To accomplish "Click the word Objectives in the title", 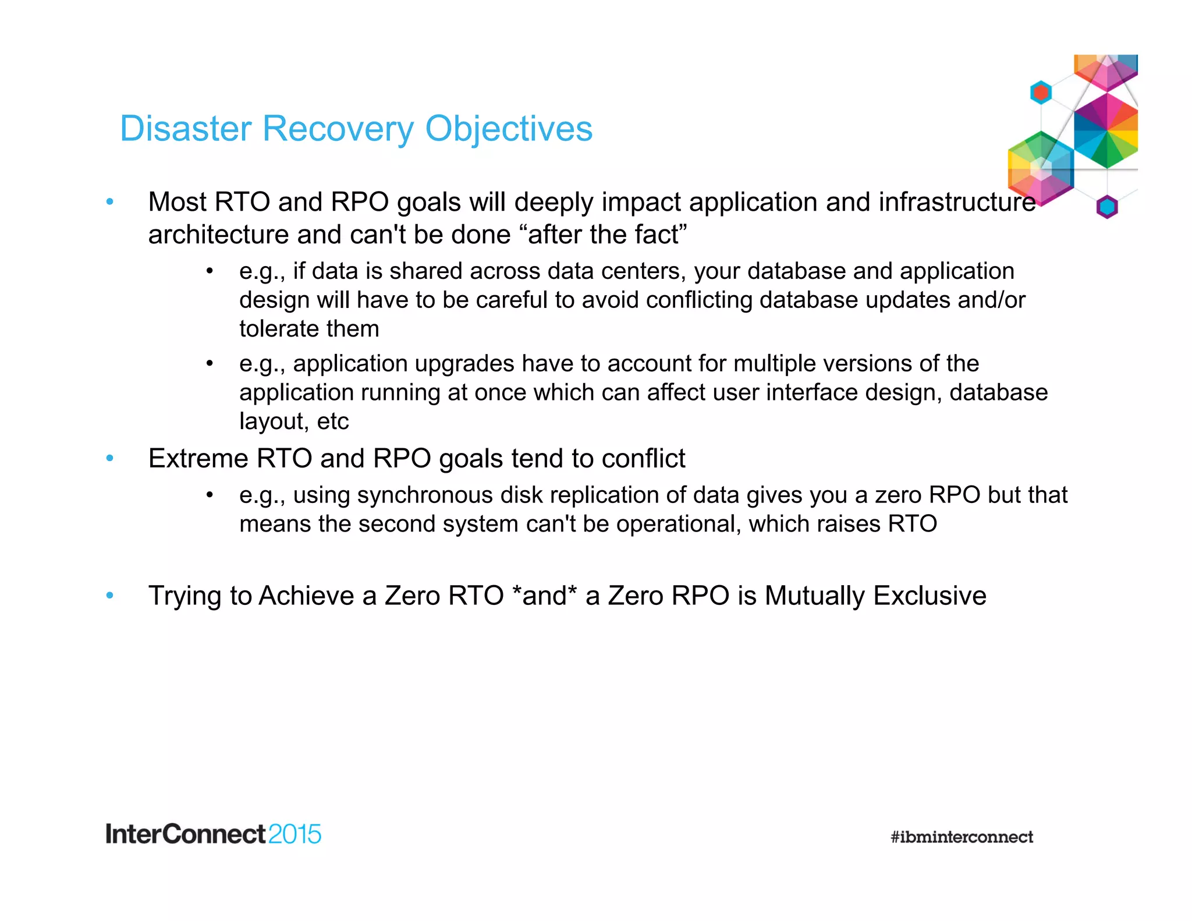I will pyautogui.click(x=509, y=129).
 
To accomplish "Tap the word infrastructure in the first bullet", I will pyautogui.click(x=957, y=202).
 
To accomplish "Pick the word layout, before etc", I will pyautogui.click(x=274, y=421).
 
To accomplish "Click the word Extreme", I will pyautogui.click(x=198, y=458).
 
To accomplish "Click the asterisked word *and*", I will pyautogui.click(x=544, y=596).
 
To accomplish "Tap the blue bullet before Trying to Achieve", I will pyautogui.click(x=109, y=596).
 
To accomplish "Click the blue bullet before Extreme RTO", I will pyautogui.click(x=109, y=459).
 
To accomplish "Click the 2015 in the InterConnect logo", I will pyautogui.click(x=295, y=834).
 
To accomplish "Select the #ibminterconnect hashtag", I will pyautogui.click(x=962, y=837).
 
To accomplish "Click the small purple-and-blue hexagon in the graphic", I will pyautogui.click(x=1107, y=207).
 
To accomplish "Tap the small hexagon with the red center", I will pyautogui.click(x=1041, y=93).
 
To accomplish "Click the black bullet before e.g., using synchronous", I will pyautogui.click(x=210, y=495).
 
